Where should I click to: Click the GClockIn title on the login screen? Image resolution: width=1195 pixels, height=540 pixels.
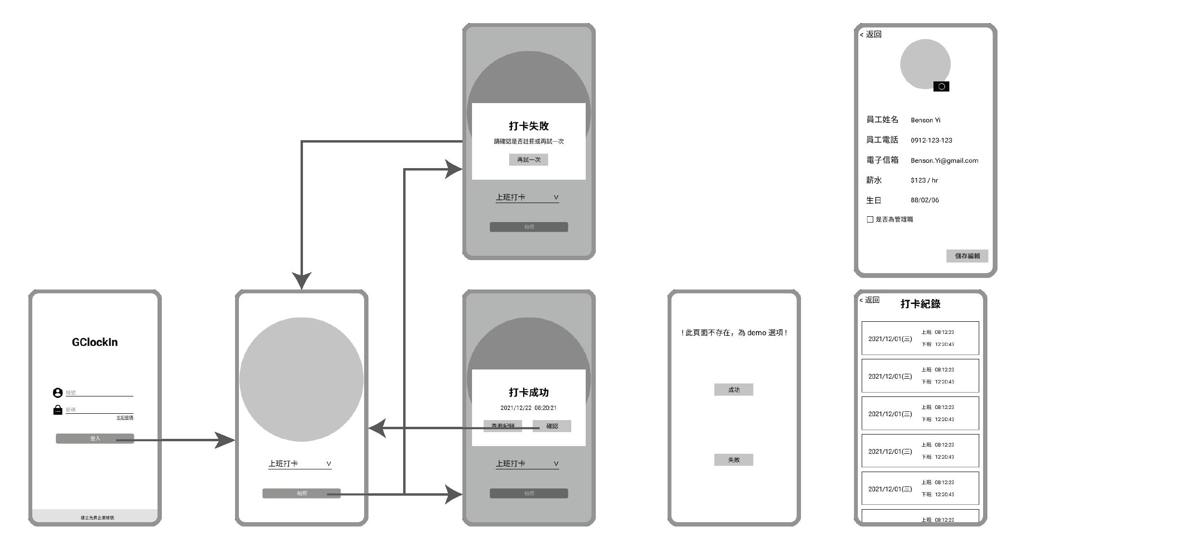click(x=94, y=342)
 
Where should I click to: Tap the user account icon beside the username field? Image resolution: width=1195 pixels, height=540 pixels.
click(x=58, y=393)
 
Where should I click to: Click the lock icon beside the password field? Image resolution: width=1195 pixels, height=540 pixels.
click(x=58, y=410)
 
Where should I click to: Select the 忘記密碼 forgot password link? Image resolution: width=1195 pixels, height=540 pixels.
click(x=125, y=418)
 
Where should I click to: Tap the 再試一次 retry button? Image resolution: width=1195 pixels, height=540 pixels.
click(x=528, y=160)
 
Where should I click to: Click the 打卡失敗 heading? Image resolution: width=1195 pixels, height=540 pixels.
click(x=528, y=126)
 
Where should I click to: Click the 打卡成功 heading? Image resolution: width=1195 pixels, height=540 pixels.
click(x=528, y=393)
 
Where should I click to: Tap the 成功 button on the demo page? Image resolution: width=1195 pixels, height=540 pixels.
click(x=733, y=390)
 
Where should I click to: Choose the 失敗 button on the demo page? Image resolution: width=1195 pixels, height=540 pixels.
click(x=733, y=460)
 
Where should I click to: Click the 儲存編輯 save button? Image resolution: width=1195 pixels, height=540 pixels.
click(x=967, y=256)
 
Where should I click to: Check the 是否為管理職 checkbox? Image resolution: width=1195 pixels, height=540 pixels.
click(x=870, y=220)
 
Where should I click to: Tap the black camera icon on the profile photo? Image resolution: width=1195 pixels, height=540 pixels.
click(x=941, y=87)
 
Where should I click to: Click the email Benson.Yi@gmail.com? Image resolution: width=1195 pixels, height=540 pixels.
click(x=944, y=160)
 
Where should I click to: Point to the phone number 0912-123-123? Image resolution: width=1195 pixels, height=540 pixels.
click(x=931, y=140)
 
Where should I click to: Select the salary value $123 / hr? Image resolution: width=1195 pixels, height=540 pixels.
click(x=924, y=180)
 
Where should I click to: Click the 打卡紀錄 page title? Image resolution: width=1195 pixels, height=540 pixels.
click(x=920, y=304)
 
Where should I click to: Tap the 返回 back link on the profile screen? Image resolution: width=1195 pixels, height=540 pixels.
click(x=871, y=34)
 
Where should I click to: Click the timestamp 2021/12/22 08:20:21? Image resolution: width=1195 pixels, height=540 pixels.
click(x=528, y=408)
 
